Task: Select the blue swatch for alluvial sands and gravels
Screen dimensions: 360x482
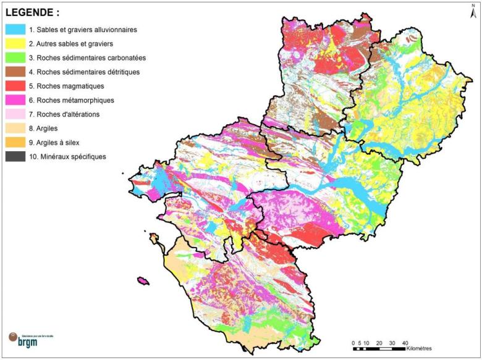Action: pos(15,29)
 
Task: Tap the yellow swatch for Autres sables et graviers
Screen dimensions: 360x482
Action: pos(15,43)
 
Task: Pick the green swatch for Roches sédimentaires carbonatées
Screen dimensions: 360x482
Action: pos(15,57)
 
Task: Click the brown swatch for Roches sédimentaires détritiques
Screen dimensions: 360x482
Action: pos(15,72)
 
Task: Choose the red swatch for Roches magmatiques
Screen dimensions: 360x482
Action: pos(15,86)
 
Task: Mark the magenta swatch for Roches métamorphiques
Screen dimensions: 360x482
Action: pos(15,100)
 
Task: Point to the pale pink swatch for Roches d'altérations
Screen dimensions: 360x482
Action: pos(15,114)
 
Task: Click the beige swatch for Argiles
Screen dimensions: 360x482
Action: pos(15,128)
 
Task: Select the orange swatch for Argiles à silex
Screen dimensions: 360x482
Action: pos(15,143)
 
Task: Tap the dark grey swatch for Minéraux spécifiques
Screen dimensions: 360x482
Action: pos(15,157)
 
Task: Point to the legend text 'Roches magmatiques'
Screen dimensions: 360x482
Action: pos(70,86)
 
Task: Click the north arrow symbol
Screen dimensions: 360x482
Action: pos(473,9)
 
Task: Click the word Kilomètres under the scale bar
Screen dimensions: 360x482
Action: pos(420,349)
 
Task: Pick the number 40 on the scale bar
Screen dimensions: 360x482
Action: pos(405,342)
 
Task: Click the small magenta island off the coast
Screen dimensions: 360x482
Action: pos(143,281)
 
